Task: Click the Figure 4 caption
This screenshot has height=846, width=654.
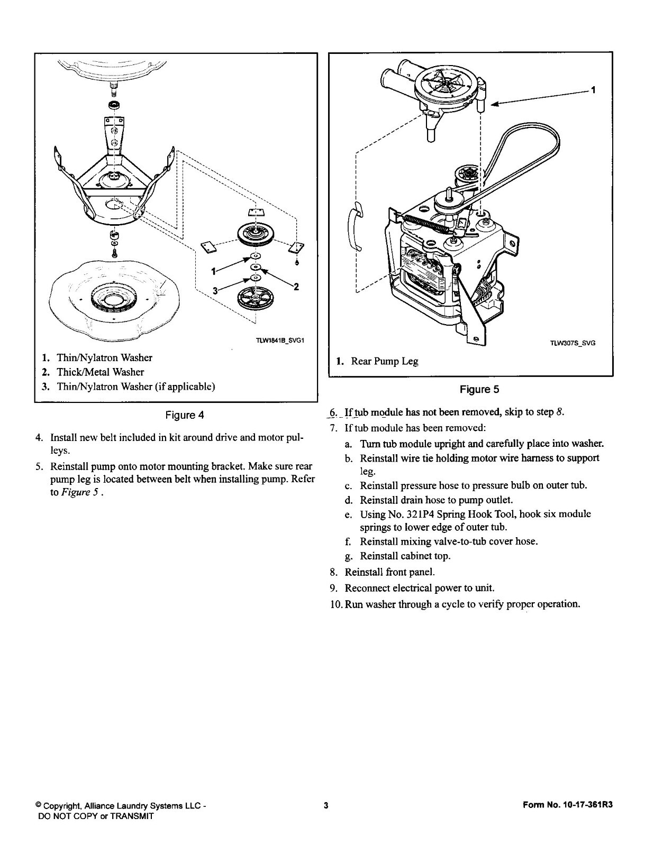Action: [185, 415]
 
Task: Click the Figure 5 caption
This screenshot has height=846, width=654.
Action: [479, 390]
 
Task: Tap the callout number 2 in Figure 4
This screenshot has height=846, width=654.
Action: [296, 287]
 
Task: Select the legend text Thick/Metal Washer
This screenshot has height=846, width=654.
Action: [100, 372]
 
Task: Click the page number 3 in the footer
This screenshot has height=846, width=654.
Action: [326, 806]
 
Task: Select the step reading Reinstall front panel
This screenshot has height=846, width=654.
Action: [389, 572]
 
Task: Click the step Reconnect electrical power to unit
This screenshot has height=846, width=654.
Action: [419, 588]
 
